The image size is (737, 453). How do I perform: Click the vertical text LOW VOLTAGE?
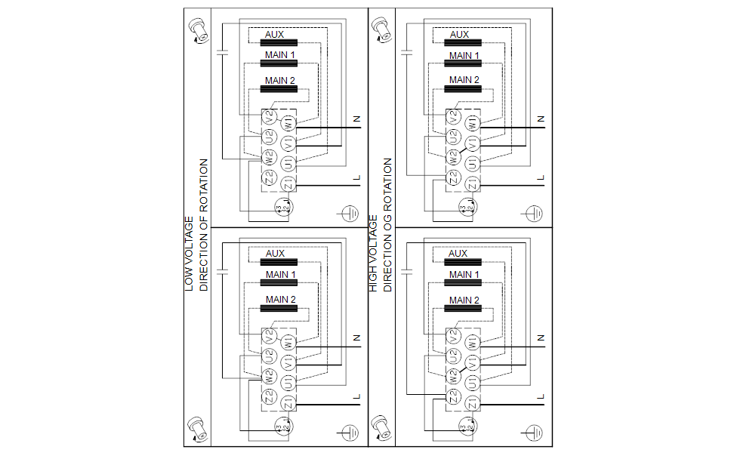point(190,254)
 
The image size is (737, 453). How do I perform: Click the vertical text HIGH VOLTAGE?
point(374,254)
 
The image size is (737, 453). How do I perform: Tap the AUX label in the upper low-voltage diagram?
point(274,34)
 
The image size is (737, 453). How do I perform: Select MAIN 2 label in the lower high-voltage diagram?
point(464,300)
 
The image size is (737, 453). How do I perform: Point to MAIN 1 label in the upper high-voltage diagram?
point(464,55)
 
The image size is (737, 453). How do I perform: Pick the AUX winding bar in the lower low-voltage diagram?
point(279,262)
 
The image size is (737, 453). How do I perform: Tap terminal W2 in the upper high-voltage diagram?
point(453,158)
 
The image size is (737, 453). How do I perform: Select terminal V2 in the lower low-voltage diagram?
point(270,334)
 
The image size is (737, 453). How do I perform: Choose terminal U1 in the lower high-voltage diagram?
point(471,381)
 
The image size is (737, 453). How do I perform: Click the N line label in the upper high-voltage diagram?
point(541,119)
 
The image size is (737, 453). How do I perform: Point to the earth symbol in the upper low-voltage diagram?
point(349,213)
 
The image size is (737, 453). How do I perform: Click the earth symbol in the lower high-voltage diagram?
point(533,433)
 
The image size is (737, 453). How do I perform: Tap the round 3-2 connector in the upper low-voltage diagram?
point(282,208)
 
